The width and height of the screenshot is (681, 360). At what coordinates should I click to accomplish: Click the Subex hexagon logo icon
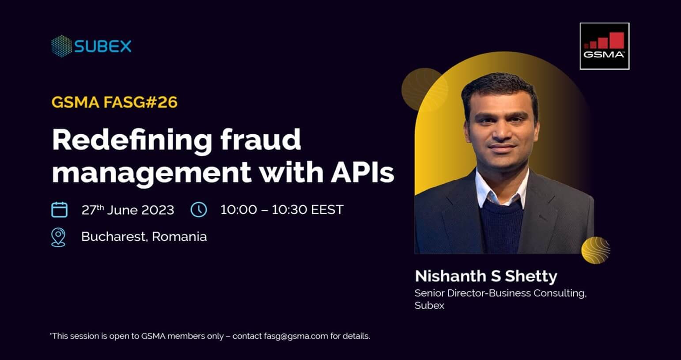coord(62,46)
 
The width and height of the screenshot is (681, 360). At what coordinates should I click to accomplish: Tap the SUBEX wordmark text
coord(103,46)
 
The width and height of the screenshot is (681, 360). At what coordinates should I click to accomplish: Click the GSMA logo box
coord(605,46)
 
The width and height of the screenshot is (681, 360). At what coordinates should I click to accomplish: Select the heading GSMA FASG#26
coord(114,102)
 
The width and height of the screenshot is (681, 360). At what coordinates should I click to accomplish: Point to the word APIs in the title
coord(363,172)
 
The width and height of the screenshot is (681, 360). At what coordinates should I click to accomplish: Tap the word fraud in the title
coord(261,140)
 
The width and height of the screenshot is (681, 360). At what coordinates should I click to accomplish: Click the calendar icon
coord(59,209)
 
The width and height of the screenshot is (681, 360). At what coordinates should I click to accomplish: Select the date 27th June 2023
coord(128,210)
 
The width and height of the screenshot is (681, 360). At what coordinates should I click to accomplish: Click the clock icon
coord(199,209)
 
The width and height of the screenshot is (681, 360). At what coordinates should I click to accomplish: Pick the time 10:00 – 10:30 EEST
coord(282,209)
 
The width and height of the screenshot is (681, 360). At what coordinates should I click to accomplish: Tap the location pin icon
coord(58,237)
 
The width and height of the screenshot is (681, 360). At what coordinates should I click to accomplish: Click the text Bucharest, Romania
coord(144,237)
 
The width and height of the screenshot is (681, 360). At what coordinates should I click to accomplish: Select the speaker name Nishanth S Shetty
coord(486,277)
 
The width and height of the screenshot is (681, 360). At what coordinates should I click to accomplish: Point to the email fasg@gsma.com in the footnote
coord(296,336)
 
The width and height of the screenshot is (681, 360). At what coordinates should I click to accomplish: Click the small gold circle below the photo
coord(596,250)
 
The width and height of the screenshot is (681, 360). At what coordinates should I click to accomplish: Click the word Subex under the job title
coord(429,305)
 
